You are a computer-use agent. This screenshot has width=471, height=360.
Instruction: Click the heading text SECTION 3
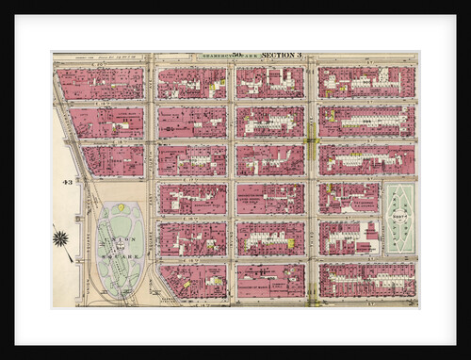pyautogui.click(x=281, y=57)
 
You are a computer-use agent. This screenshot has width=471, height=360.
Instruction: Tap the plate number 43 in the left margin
pyautogui.click(x=67, y=181)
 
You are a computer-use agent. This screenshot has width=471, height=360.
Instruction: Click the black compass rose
pyautogui.click(x=62, y=237)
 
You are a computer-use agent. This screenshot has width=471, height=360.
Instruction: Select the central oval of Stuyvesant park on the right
pyautogui.click(x=398, y=218)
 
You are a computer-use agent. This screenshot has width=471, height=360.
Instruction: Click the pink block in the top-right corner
pyautogui.click(x=366, y=82)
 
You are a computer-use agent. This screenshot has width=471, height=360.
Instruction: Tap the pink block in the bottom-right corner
pyautogui.click(x=366, y=280)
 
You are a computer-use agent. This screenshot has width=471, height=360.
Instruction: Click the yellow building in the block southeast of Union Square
pyautogui.click(x=187, y=282)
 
